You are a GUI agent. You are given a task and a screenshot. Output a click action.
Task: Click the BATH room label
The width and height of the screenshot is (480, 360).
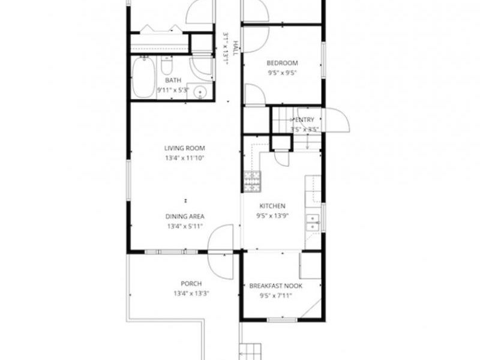(x=173, y=80)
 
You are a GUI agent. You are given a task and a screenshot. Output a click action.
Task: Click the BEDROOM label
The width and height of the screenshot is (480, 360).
(x=282, y=63)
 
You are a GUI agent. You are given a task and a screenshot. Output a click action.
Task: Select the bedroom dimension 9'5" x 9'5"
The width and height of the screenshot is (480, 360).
(x=282, y=73)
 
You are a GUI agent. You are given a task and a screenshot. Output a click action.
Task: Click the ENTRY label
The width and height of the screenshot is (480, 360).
(x=307, y=120)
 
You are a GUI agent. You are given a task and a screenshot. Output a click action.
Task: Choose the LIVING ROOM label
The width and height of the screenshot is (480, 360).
(x=185, y=148)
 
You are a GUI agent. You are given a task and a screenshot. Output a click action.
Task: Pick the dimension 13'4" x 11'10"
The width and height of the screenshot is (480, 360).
(x=185, y=158)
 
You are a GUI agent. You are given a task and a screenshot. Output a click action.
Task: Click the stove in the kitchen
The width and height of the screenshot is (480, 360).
(x=251, y=178)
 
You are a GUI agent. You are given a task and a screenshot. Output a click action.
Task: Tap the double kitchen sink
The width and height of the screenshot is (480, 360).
(x=312, y=222)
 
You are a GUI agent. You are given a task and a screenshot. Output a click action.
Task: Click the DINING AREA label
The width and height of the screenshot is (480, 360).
(x=185, y=217)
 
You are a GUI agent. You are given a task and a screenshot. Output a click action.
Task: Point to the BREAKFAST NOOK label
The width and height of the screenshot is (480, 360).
(x=275, y=286)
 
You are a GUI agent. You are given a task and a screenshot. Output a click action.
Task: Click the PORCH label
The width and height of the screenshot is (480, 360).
(x=191, y=284)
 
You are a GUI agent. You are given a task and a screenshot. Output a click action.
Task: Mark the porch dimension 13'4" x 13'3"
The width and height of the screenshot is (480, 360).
(x=191, y=294)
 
